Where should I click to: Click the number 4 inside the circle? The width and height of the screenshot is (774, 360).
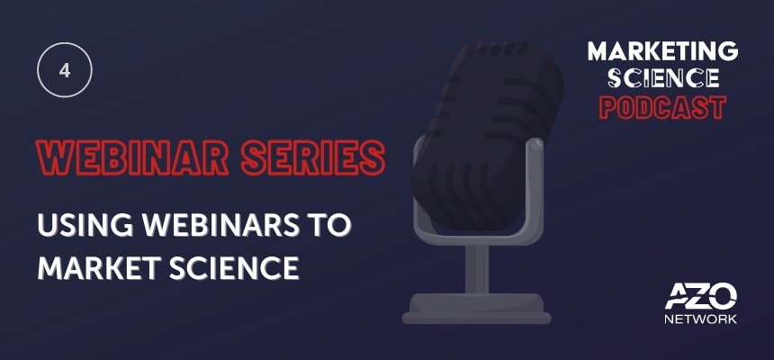tap(65, 70)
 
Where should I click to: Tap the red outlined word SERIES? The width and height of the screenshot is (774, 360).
tap(313, 157)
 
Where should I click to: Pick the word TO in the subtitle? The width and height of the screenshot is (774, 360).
tap(329, 225)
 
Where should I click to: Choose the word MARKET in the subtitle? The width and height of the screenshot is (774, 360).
tap(99, 267)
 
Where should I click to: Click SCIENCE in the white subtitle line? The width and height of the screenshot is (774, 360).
tap(235, 267)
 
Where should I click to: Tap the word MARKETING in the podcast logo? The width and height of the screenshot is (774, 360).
tap(663, 51)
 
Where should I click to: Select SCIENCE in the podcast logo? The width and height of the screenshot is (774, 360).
tap(663, 78)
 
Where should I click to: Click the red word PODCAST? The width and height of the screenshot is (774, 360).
tap(663, 107)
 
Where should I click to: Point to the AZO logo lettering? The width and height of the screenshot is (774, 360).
tap(700, 298)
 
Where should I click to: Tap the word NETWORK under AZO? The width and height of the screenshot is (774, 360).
tap(700, 319)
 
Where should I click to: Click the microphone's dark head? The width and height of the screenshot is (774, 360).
tap(488, 135)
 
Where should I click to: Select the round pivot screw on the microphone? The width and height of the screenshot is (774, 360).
tap(535, 145)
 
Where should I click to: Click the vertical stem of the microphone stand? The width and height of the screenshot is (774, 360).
tap(477, 268)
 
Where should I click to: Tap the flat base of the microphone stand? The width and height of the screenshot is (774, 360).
tap(477, 309)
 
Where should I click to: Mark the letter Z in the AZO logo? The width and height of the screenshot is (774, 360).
tap(701, 298)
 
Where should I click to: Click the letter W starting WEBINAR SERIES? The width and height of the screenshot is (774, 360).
tap(54, 157)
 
